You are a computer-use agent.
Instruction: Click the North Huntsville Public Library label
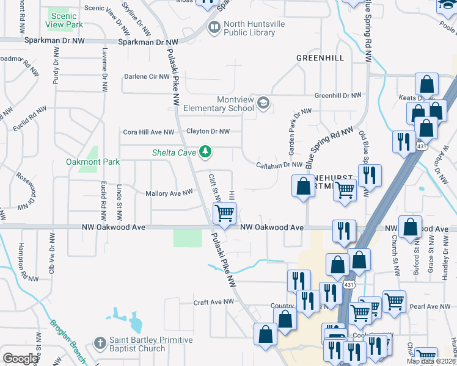point(249,29)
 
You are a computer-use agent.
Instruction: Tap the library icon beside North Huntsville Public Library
point(214,26)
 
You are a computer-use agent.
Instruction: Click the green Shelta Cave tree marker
point(207,151)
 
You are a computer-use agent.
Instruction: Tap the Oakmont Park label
point(93,162)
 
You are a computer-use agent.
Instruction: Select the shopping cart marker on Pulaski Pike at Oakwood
point(224,213)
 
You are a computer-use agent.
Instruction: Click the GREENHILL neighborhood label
point(320,58)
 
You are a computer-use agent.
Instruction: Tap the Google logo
point(21,359)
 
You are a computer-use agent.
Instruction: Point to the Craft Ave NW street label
point(213,302)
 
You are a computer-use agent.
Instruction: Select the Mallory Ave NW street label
point(169,193)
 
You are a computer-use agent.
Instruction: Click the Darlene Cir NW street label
point(146,76)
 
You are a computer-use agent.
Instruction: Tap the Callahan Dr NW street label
point(279,165)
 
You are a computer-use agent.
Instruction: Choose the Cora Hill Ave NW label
point(149,132)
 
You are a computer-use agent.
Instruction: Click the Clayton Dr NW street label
point(208,131)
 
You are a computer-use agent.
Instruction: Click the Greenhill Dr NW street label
point(338,96)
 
